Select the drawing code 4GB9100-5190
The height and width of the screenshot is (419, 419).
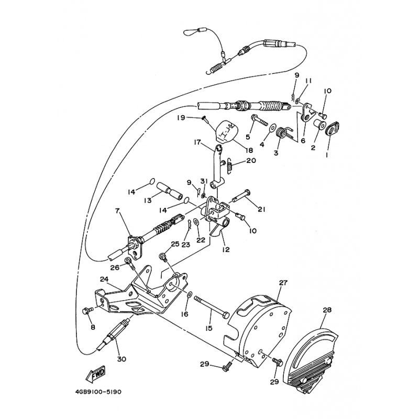[98, 392]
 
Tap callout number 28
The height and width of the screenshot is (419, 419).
[327, 310]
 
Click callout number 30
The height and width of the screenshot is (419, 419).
[122, 359]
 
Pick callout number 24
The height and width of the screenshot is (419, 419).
[104, 279]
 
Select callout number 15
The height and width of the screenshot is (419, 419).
[208, 328]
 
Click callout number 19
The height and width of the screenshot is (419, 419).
[181, 117]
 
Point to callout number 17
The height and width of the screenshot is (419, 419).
[197, 142]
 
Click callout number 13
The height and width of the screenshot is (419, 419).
[148, 200]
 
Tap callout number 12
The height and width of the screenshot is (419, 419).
[226, 249]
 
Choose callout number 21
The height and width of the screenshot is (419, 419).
[261, 210]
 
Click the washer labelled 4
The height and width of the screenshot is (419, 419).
[272, 127]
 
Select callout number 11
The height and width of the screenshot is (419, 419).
[308, 81]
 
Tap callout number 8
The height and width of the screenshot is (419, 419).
[93, 327]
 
